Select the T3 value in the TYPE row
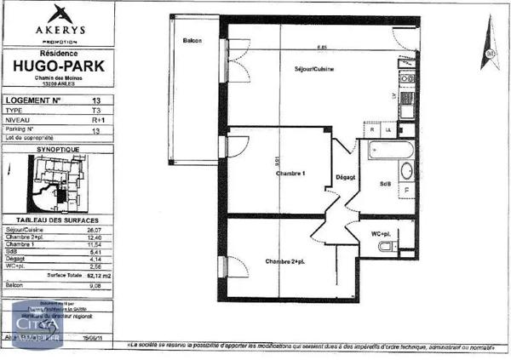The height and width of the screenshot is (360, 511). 95,111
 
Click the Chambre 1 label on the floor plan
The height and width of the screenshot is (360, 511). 290,173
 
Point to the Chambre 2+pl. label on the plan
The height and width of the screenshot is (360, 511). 284,261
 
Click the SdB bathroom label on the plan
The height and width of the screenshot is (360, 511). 385,184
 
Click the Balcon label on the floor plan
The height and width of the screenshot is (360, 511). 192,40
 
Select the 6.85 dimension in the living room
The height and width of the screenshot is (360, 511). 322,47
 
